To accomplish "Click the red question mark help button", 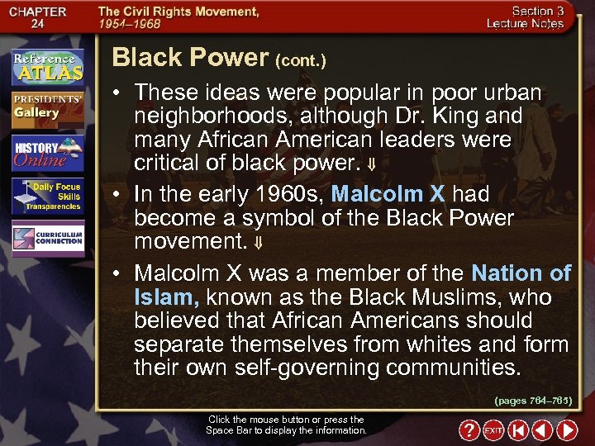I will pos(469,430).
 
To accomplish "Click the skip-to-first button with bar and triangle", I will pos(518,430).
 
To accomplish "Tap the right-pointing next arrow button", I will pos(567,430).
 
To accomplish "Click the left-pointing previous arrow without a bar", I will pos(542,430).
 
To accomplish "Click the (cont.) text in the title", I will pos(300,60).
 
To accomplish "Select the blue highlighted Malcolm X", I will pos(388,195).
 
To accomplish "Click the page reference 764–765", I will pos(533,401).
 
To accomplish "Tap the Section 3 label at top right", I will pos(537,11).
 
